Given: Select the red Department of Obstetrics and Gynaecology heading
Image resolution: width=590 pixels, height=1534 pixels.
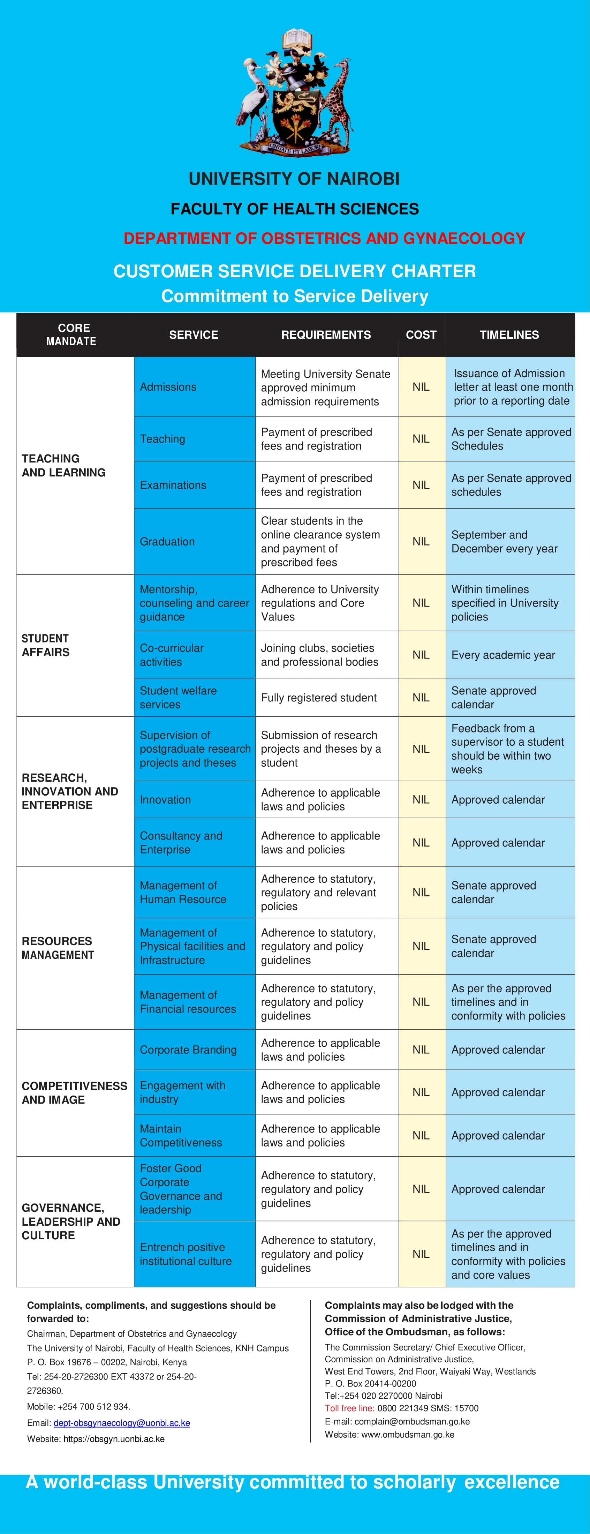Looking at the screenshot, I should (x=324, y=238).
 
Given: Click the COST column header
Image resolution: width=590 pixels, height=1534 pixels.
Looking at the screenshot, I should (x=421, y=335).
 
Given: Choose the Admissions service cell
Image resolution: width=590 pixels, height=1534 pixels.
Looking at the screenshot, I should (x=194, y=386).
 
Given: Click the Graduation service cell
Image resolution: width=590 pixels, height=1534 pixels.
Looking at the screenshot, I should (x=194, y=541).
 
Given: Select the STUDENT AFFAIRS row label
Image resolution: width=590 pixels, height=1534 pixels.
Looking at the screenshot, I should (x=46, y=645).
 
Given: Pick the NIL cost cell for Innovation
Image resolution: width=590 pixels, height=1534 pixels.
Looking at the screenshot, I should (x=421, y=799).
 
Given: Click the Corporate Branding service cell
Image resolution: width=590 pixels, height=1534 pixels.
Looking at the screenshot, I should (x=194, y=1049).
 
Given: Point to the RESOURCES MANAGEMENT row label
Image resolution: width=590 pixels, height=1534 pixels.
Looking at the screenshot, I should (x=58, y=947).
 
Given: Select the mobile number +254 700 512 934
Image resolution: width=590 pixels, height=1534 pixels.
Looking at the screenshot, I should (x=93, y=1407).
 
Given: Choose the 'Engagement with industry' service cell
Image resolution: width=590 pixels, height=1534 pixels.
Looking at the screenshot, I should (x=194, y=1092).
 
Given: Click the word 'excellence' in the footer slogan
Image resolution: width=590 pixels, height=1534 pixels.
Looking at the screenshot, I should (x=512, y=1482).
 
